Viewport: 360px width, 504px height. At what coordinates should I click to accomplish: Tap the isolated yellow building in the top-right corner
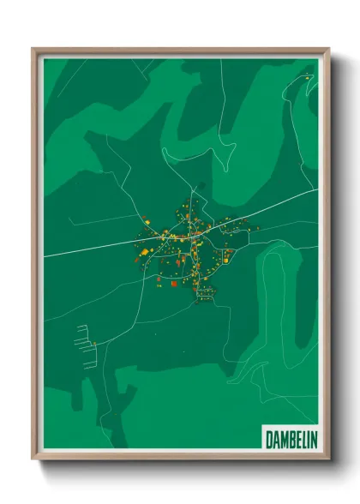point(306,78)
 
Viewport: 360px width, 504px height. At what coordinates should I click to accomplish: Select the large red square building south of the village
point(174,282)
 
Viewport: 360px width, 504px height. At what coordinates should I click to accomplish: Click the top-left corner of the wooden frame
point(34,50)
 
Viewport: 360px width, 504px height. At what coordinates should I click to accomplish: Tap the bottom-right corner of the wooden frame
point(328,459)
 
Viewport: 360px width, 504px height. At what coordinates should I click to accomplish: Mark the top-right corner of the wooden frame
point(328,50)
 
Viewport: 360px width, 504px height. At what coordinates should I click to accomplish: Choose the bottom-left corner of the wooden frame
point(34,459)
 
